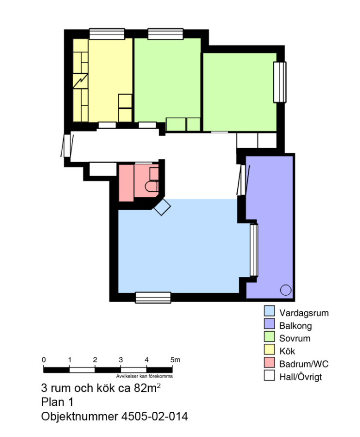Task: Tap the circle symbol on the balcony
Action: pos(285,290)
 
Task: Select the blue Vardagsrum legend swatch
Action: pos(269,311)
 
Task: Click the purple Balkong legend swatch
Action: pos(269,324)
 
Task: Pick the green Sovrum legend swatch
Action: pos(269,336)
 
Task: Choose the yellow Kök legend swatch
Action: pos(269,350)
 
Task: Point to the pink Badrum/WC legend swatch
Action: pos(269,362)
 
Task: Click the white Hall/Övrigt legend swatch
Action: pos(269,375)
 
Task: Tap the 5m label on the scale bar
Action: pos(175,360)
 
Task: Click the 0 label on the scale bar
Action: pos(44,360)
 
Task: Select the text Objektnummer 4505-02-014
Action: pos(115,417)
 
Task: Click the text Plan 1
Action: pos(57,402)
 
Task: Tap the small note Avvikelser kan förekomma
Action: pos(144,376)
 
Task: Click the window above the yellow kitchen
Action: pos(107,34)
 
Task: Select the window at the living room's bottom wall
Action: pos(153,297)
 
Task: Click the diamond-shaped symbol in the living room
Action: pos(162,207)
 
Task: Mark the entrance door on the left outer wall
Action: pos(67,146)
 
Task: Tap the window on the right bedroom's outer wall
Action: pos(280,82)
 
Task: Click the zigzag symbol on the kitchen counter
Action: pos(81,81)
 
